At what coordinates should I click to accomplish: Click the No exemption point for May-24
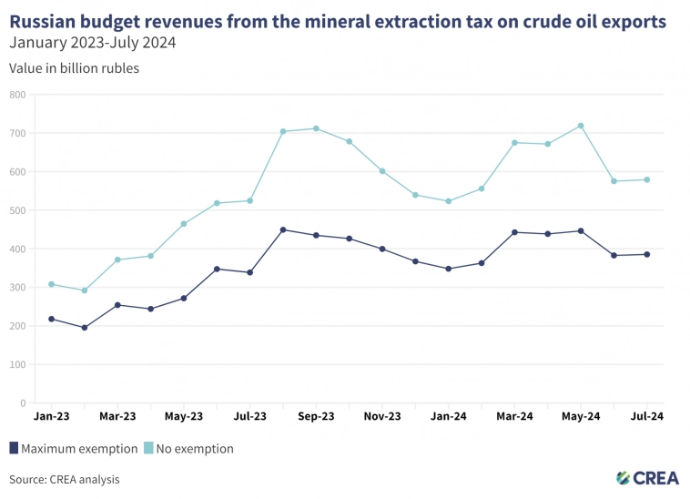tap(581, 126)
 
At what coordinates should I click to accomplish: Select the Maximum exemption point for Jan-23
tap(51, 319)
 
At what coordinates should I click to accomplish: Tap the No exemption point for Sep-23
tap(316, 128)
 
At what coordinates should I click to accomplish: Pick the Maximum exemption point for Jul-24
tap(646, 254)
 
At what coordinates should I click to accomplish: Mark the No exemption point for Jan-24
tap(448, 201)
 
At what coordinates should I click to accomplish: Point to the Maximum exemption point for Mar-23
tap(117, 305)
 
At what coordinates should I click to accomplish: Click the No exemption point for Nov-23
tap(382, 171)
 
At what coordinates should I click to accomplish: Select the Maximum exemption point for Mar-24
tap(514, 232)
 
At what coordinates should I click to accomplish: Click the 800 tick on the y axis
tap(18, 95)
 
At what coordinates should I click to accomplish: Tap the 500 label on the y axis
tap(18, 210)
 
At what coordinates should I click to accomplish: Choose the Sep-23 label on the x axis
tap(316, 416)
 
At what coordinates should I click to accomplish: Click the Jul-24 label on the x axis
tap(646, 416)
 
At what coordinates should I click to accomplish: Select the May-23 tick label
tap(183, 416)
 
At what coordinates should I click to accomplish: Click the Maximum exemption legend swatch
tap(14, 448)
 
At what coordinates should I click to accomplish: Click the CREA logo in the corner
tap(647, 477)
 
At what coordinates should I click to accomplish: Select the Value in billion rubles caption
tap(74, 68)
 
